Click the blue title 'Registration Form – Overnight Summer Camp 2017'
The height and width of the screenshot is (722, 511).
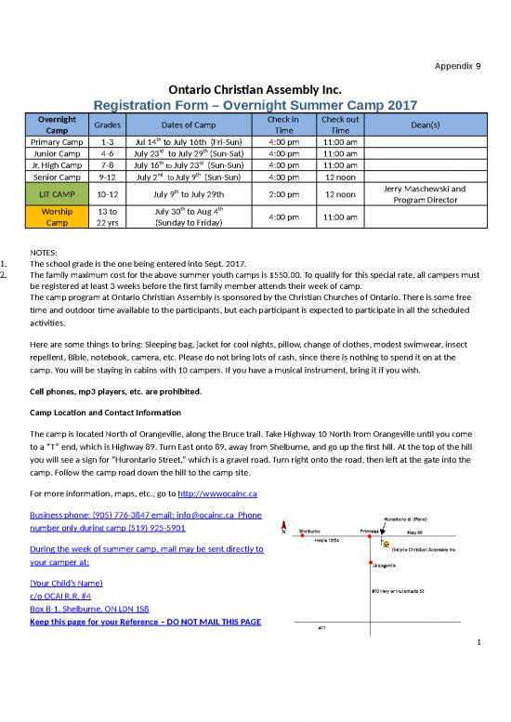(x=255, y=105)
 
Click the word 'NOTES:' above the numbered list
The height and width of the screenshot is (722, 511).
(x=47, y=252)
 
